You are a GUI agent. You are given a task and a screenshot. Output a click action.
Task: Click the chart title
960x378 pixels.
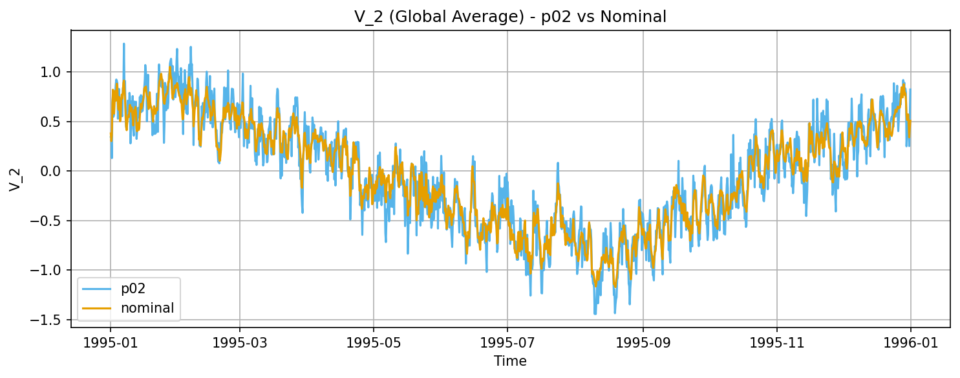pos(510,17)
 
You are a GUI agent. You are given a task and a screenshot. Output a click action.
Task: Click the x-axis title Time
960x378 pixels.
pos(510,361)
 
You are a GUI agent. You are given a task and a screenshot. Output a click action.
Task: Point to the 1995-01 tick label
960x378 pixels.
pos(110,341)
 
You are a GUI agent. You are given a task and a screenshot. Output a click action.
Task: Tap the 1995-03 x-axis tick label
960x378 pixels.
pos(240,341)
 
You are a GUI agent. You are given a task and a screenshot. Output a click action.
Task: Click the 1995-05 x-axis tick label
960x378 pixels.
pos(373,341)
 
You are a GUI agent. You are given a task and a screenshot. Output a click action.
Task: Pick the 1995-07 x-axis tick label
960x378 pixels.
pos(507,341)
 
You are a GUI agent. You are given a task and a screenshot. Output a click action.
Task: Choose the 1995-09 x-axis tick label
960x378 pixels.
pos(643,341)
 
